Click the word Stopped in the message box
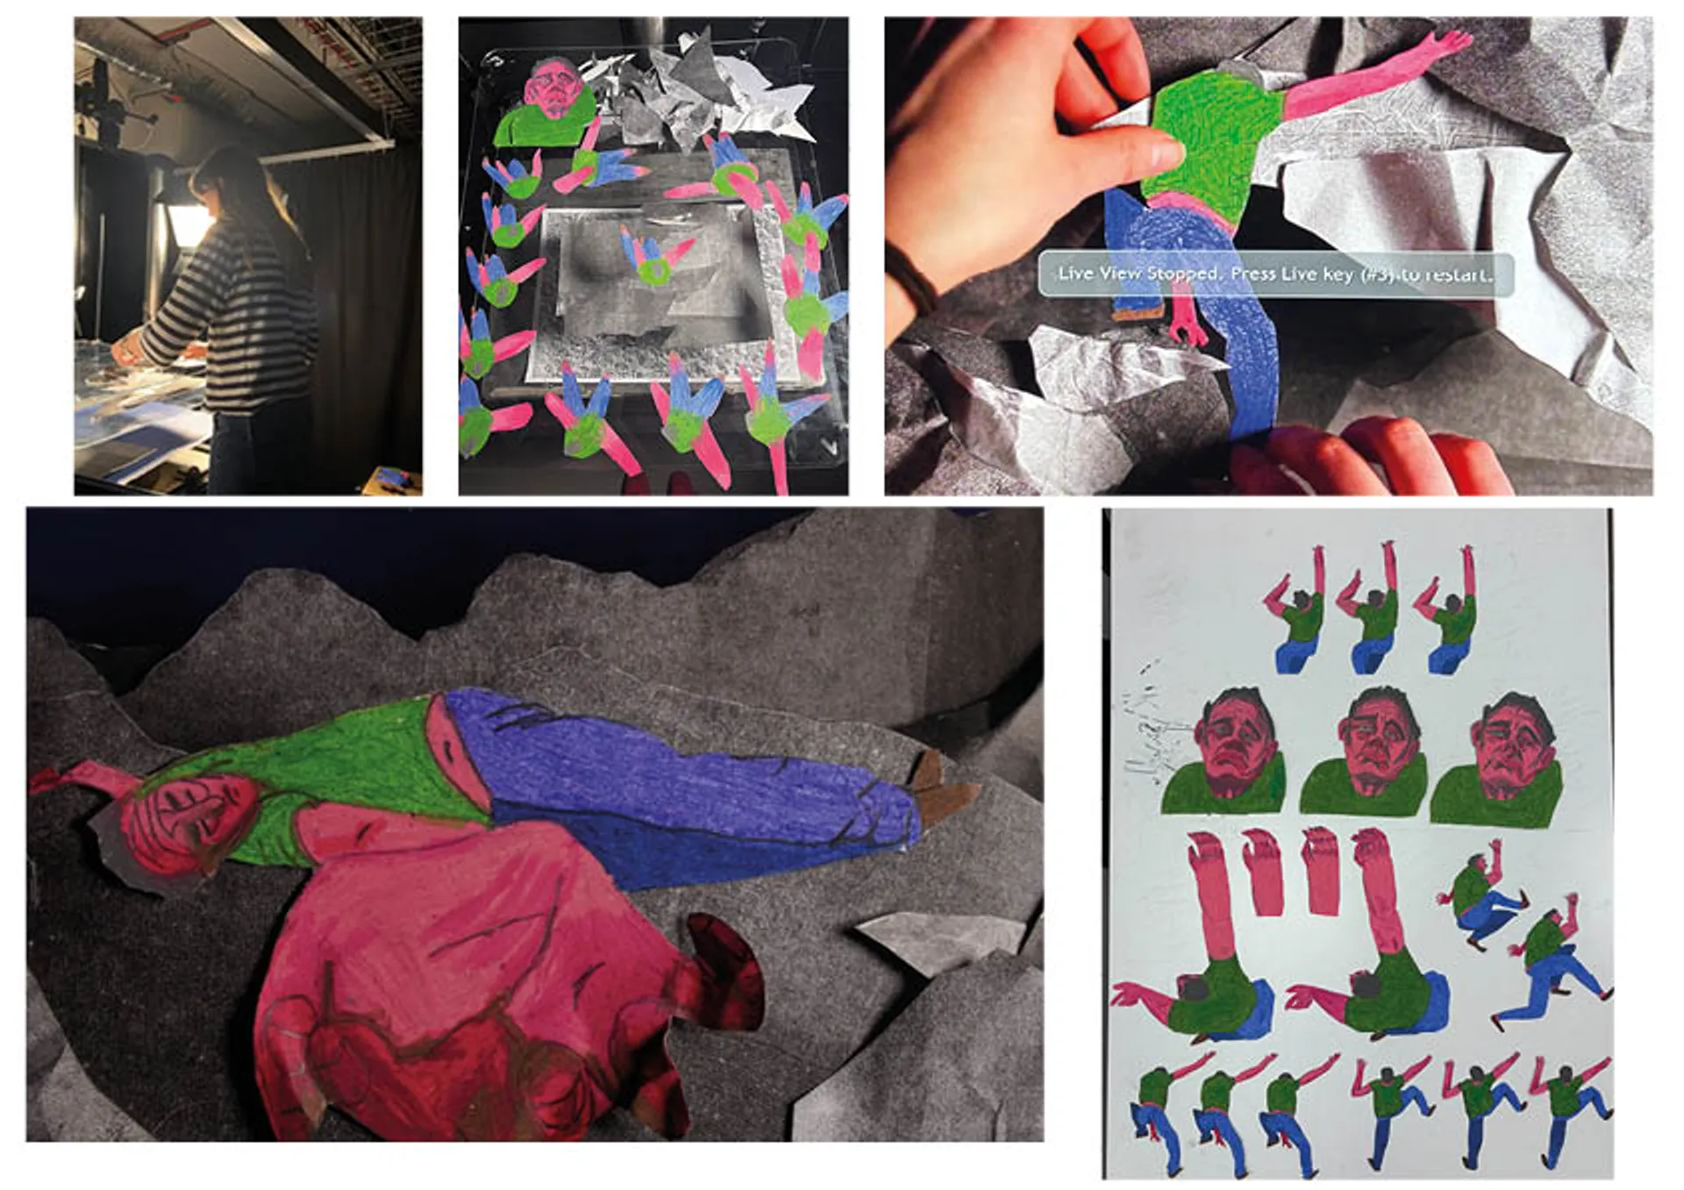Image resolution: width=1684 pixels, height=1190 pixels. [1184, 273]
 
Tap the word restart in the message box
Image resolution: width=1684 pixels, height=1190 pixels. [1456, 274]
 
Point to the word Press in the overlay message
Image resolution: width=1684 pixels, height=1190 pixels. [1253, 274]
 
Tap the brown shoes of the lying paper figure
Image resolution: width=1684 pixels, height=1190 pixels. [938, 789]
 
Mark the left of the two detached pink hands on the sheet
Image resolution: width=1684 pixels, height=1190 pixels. [1263, 873]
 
